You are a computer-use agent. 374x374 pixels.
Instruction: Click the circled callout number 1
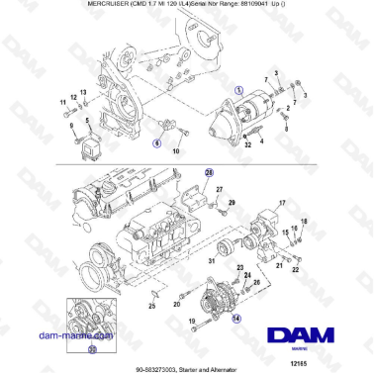(x=236, y=89)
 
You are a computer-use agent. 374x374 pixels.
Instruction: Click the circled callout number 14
(x=235, y=319)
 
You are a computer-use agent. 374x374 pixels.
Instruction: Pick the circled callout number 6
(x=155, y=142)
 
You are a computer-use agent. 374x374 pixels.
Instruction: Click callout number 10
(x=175, y=151)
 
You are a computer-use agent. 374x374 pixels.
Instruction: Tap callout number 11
(x=61, y=102)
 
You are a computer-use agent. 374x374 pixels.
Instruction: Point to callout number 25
(x=152, y=308)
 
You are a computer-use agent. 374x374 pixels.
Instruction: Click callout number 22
(x=280, y=268)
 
